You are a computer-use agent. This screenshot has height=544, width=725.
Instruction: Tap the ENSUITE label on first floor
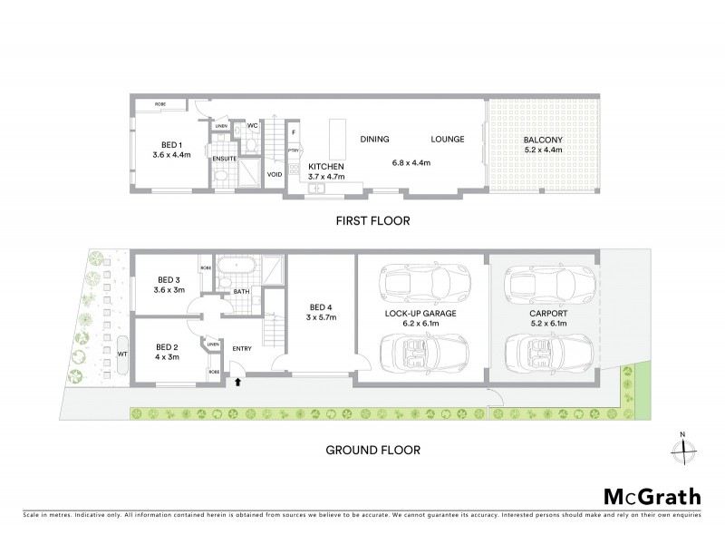point(225,160)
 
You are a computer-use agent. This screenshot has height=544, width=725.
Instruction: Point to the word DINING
point(374,140)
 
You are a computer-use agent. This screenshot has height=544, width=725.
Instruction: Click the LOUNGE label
point(448,140)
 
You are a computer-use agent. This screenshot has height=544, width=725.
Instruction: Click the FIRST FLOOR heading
point(372,220)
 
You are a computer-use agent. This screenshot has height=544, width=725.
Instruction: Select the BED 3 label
point(169,279)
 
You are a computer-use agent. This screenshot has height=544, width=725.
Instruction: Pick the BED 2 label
point(167,346)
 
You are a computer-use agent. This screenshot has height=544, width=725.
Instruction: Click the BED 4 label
point(322,306)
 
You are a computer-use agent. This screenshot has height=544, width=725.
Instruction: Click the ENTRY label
point(243,348)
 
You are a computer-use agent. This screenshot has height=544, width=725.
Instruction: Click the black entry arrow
point(237,383)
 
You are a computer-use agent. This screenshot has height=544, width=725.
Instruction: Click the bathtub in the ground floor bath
point(239,271)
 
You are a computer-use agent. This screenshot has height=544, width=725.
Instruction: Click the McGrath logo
point(652,496)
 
